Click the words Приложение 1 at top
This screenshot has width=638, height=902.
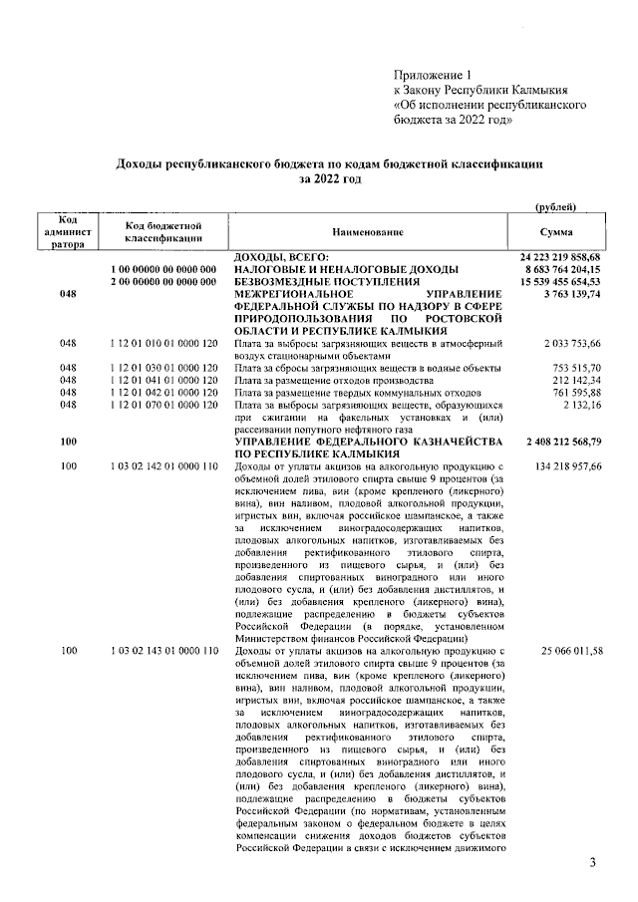431,76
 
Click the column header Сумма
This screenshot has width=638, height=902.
553,232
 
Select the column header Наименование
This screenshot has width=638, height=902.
369,232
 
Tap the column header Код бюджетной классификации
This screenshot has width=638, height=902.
164,232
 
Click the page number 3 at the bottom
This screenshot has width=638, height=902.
591,861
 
